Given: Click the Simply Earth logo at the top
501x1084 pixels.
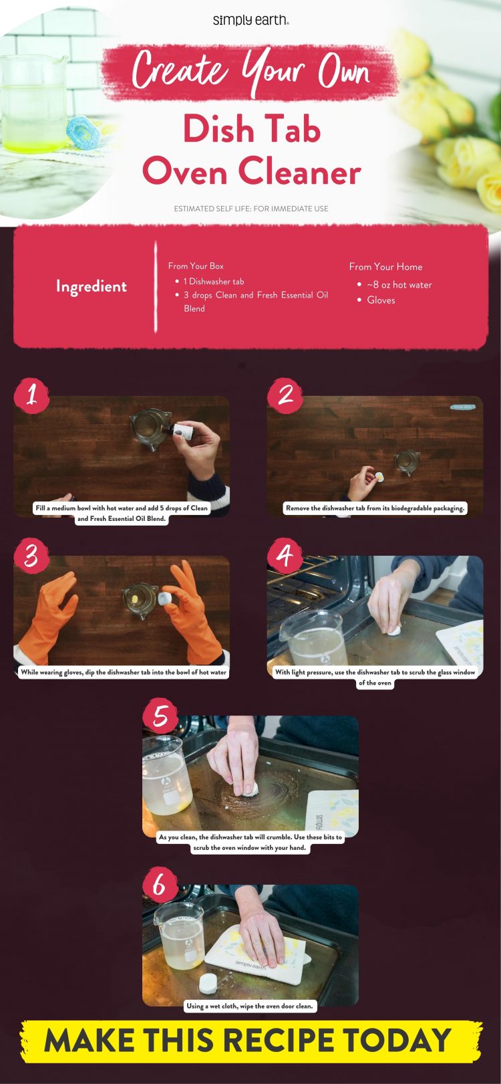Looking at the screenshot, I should tap(251, 20).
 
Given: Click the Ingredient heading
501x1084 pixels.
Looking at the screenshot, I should tap(91, 286).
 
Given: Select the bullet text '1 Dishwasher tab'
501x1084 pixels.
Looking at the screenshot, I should tap(213, 282).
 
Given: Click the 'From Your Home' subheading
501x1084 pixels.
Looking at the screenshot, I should tap(385, 266).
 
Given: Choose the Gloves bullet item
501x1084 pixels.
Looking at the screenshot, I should tap(381, 300).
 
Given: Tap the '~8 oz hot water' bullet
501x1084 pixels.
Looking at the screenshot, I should tap(399, 285).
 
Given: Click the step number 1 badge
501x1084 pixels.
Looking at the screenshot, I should tap(31, 395).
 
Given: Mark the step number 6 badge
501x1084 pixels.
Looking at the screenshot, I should tap(160, 885).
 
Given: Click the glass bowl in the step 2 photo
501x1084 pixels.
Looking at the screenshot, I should tap(406, 461).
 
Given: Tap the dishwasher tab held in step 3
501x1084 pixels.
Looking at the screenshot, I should tap(166, 597).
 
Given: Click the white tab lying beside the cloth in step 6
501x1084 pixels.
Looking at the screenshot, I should tap(208, 983).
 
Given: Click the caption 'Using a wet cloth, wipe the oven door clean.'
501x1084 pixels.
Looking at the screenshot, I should tap(250, 1006).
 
